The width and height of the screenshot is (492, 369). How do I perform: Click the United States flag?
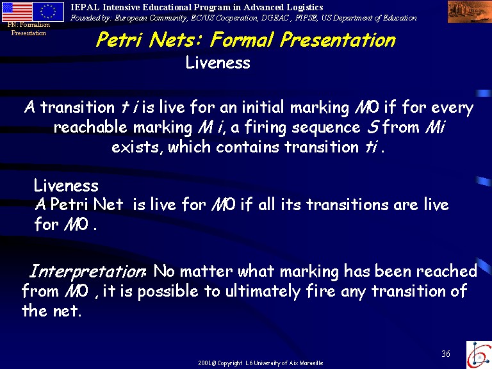17,12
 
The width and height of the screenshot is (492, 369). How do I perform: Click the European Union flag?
48,12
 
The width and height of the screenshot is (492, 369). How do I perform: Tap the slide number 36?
446,354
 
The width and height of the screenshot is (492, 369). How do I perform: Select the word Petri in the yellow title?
119,40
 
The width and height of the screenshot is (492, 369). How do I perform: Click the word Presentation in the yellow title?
338,40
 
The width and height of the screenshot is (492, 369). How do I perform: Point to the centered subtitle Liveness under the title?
218,62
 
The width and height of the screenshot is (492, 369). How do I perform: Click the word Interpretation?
87,271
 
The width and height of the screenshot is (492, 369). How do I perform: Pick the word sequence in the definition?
326,127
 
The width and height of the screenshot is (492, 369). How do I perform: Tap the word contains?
247,147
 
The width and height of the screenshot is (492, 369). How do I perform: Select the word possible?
168,292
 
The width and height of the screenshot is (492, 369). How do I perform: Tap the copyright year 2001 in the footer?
205,363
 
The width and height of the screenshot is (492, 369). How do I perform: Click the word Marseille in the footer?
311,363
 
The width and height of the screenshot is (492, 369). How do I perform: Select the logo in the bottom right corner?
479,354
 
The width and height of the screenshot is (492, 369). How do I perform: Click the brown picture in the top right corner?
470,12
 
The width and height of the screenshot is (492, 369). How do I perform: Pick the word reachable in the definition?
90,127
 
